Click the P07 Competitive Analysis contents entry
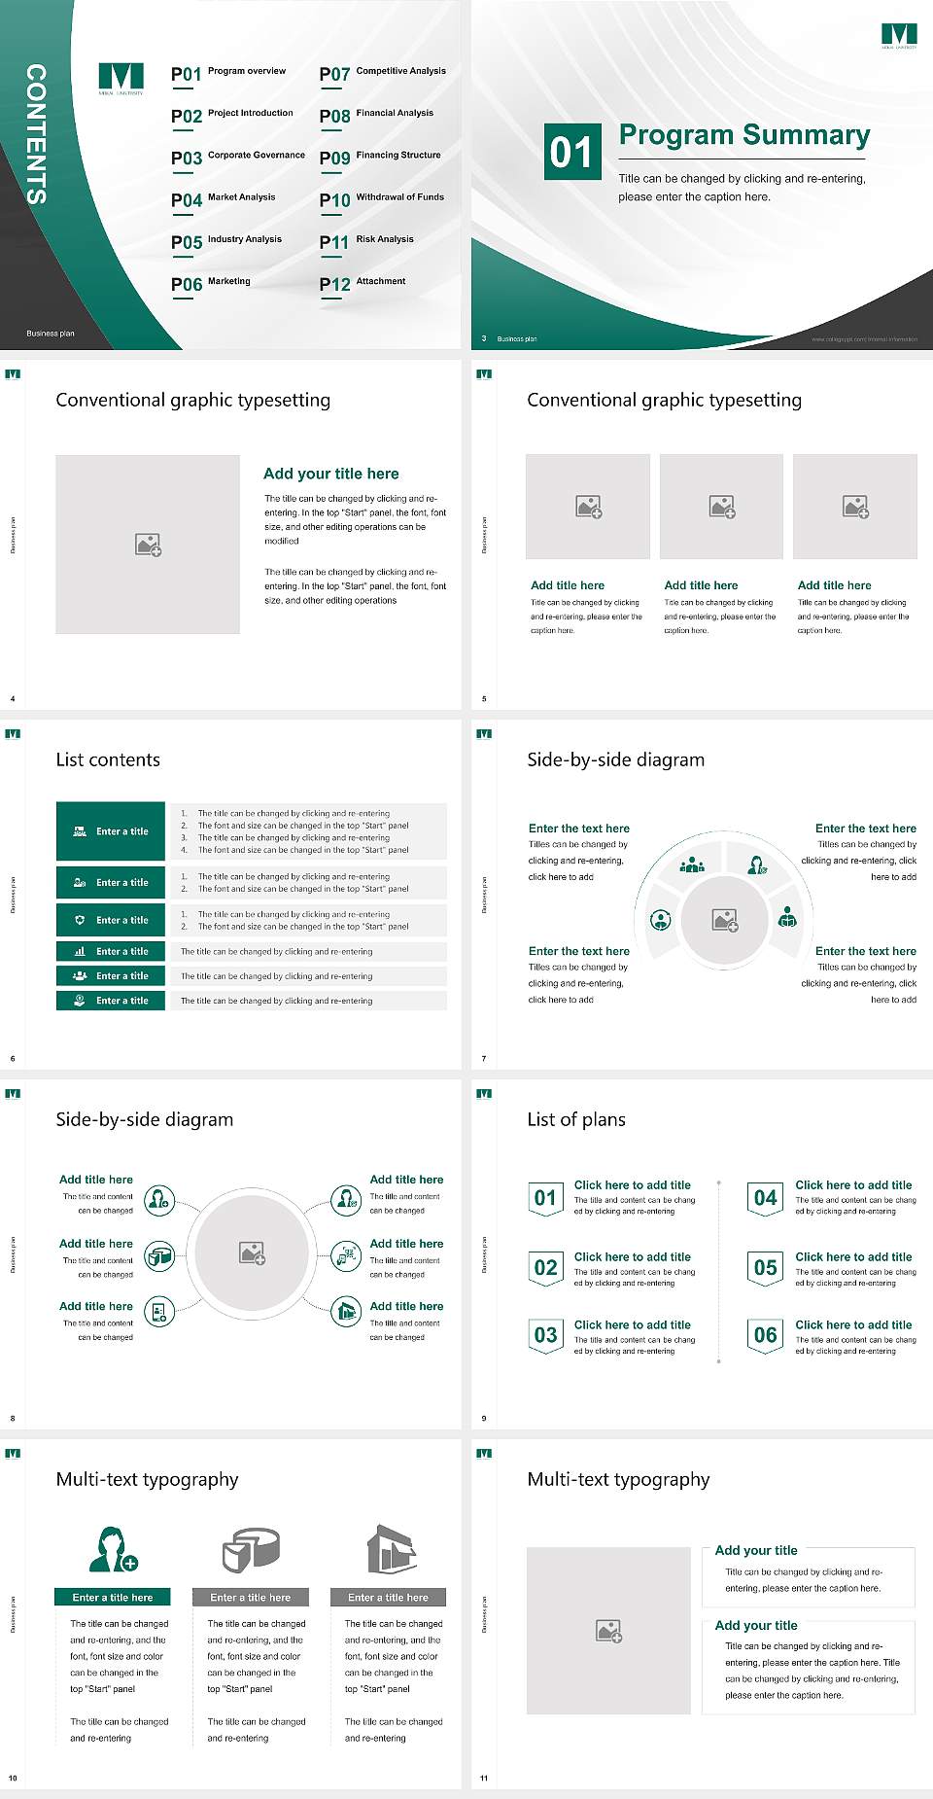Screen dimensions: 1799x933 tap(383, 73)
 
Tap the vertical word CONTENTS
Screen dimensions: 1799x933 tap(36, 134)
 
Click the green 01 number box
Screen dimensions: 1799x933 tap(571, 152)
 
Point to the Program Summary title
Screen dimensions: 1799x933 tap(743, 135)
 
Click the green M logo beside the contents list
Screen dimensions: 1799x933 tap(121, 77)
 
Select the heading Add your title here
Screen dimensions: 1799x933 tap(330, 474)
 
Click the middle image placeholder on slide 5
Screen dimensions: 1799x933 tap(721, 507)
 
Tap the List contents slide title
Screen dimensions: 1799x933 tap(108, 759)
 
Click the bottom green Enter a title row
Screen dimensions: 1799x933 tap(112, 1000)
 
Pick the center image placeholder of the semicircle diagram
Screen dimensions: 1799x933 tap(724, 920)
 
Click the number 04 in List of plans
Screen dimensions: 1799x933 tap(766, 1198)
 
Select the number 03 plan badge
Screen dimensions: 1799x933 tap(545, 1335)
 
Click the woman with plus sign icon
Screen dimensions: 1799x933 tap(113, 1550)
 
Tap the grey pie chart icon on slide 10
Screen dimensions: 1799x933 tap(251, 1550)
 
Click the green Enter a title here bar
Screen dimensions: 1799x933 tap(113, 1597)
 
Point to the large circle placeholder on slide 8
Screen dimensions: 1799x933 tap(252, 1252)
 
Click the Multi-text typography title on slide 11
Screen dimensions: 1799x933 tap(618, 1479)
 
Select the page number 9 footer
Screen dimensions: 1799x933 tap(484, 1418)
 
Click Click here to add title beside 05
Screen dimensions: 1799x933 tap(853, 1256)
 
